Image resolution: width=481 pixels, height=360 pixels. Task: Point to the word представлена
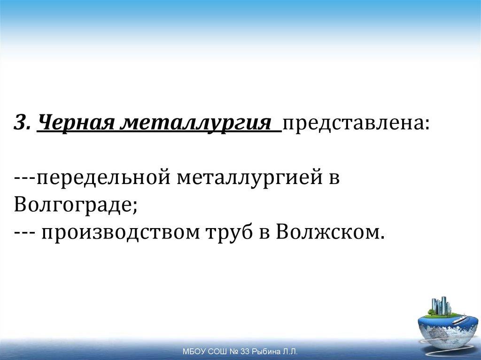coord(355,124)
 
